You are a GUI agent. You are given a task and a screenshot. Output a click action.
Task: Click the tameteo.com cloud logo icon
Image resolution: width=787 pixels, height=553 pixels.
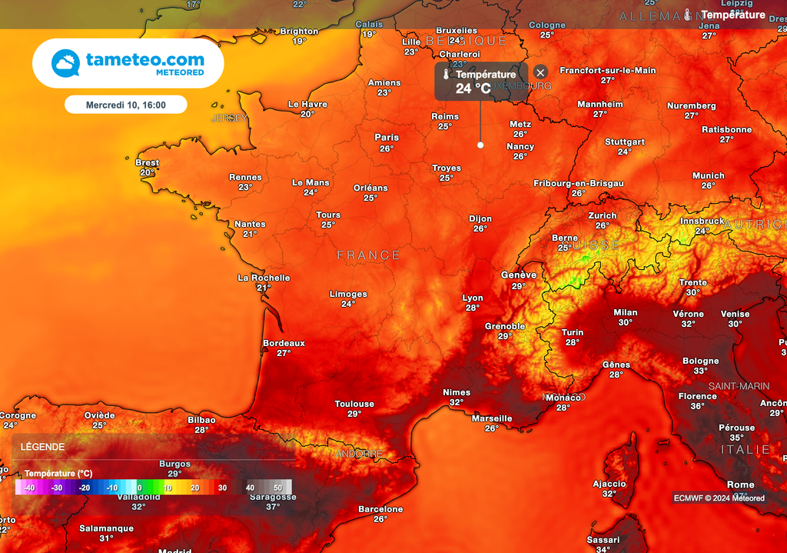(x=65, y=63)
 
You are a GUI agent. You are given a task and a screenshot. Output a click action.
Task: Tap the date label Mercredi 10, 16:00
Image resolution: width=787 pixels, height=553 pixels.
(x=125, y=104)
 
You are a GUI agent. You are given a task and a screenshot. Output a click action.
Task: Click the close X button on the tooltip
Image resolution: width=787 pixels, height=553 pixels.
(x=540, y=72)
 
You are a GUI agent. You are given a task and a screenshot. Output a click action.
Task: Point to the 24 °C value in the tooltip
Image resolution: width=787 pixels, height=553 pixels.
(x=473, y=88)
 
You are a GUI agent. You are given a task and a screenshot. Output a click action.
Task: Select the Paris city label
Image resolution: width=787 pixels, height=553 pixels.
(x=387, y=138)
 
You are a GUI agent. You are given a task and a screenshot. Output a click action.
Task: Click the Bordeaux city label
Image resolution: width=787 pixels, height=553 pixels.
(x=284, y=343)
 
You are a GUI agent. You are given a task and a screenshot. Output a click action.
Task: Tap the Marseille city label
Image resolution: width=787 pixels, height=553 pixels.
(x=492, y=418)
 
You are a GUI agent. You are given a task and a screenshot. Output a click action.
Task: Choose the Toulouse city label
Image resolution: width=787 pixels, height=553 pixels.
(x=354, y=404)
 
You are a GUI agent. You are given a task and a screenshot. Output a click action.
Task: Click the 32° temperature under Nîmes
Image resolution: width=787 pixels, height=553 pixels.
(x=457, y=402)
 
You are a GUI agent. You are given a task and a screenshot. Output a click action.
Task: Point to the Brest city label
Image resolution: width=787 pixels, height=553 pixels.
(x=147, y=162)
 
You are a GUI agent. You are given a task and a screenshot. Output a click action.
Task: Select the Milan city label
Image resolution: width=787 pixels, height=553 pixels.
(x=626, y=312)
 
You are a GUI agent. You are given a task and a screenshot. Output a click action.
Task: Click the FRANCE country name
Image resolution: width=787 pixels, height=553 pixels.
(x=369, y=255)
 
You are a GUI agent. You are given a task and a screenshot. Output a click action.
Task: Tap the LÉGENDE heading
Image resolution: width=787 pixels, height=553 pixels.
(x=42, y=447)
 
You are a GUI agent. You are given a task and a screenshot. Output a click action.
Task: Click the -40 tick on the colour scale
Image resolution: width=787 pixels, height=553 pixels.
(x=28, y=488)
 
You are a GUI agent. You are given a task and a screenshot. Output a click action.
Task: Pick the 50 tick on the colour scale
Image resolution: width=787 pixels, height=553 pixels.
(x=277, y=488)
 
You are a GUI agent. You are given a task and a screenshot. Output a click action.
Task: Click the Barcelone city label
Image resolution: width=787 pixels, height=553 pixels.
(x=380, y=509)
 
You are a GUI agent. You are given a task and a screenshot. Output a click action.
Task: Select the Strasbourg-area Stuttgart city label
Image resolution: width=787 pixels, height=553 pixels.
(x=625, y=142)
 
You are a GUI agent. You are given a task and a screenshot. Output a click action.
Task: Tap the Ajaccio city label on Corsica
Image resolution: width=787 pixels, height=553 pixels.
(x=609, y=484)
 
